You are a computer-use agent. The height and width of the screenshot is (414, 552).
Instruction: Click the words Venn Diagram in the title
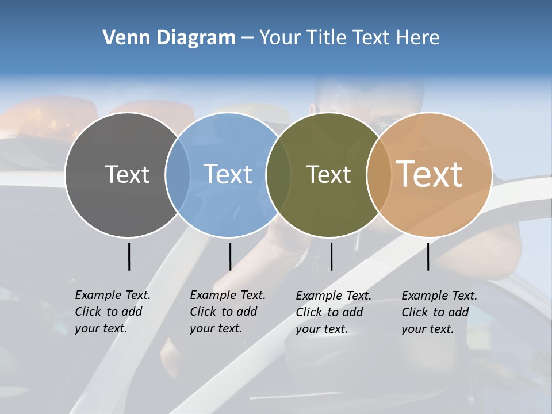click(169, 38)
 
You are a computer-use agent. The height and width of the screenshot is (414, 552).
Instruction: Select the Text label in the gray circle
click(127, 174)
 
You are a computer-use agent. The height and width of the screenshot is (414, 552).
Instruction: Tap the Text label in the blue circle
click(228, 174)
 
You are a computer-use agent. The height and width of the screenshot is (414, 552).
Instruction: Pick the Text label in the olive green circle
click(328, 174)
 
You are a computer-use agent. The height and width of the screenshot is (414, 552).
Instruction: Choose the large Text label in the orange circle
click(430, 174)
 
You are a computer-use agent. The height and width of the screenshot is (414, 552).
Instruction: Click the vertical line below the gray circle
click(129, 256)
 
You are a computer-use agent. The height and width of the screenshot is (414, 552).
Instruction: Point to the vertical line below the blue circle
click(230, 256)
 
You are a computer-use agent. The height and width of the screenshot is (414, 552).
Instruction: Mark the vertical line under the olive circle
click(331, 256)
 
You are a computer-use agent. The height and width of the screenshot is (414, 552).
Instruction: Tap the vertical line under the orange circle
click(428, 256)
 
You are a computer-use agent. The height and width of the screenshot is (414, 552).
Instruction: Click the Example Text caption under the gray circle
click(112, 312)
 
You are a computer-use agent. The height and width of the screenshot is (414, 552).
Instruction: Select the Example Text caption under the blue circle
click(227, 312)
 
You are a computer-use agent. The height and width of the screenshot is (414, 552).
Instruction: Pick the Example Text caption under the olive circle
click(333, 312)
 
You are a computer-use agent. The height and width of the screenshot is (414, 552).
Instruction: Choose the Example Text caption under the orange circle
click(439, 312)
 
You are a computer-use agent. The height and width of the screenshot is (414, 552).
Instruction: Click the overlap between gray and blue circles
click(178, 174)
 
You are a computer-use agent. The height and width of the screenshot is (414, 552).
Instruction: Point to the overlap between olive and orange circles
click(377, 174)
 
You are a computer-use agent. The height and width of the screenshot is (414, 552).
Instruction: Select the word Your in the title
click(278, 38)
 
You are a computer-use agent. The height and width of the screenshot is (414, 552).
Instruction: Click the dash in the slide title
click(247, 38)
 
